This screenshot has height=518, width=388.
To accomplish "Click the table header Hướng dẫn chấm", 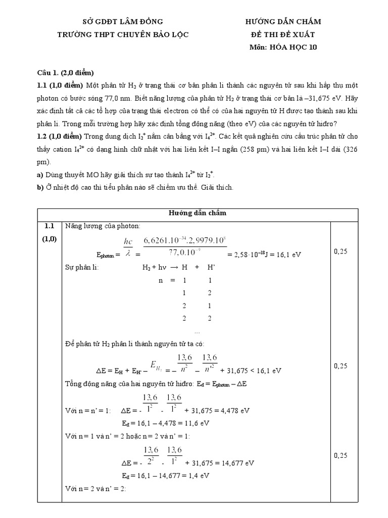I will (x=197, y=213).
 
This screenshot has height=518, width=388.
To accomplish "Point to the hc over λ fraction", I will (x=128, y=248).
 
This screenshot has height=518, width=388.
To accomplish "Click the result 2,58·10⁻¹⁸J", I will (x=250, y=255).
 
